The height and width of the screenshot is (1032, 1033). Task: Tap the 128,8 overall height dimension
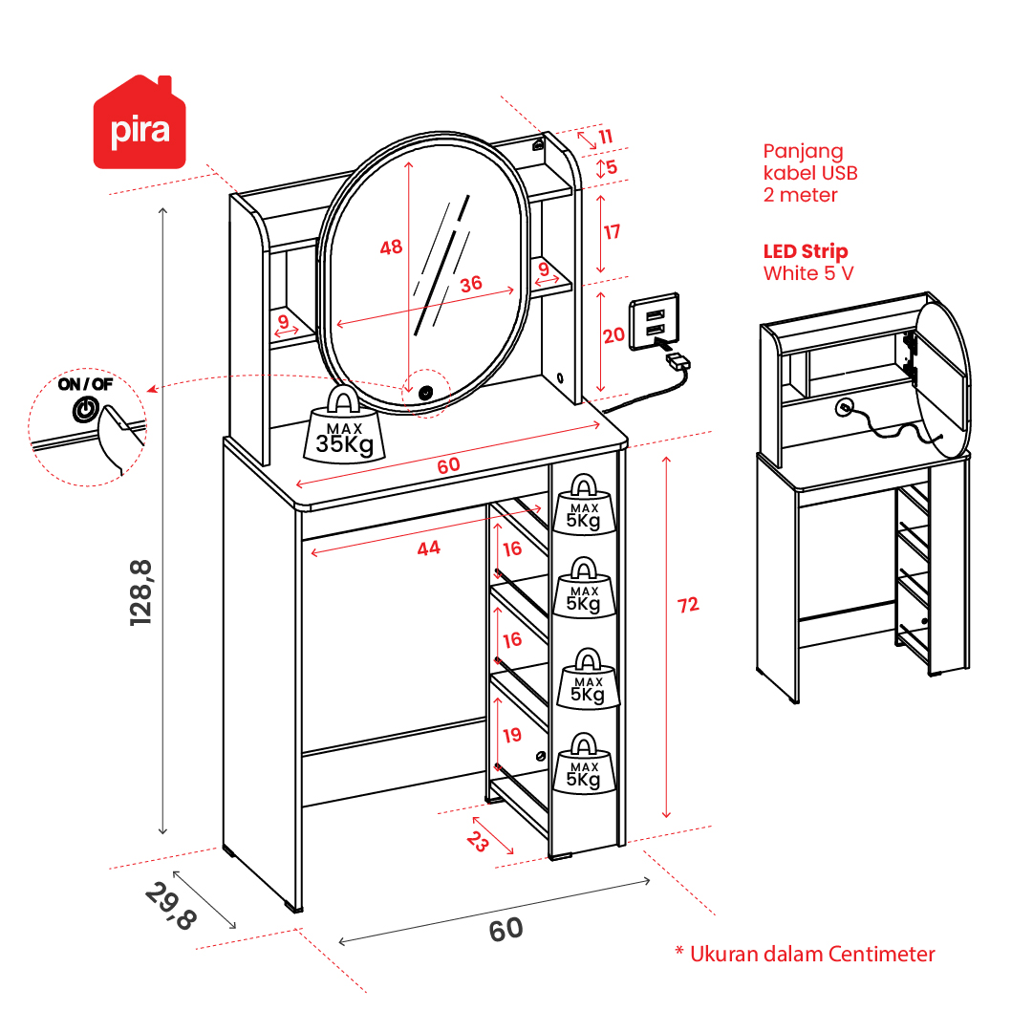pos(141,592)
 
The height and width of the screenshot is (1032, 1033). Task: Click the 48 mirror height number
pos(391,247)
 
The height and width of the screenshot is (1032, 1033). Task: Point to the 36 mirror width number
pos(471,284)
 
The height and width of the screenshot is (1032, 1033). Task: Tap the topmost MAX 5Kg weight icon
pos(584,505)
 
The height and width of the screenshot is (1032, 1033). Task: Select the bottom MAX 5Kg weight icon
pos(584,763)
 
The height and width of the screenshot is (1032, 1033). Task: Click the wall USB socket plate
pos(654,321)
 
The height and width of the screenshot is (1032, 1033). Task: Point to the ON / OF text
pos(85,384)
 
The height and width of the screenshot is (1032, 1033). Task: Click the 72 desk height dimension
pos(688,605)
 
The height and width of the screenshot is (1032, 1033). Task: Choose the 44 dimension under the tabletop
pos(428,548)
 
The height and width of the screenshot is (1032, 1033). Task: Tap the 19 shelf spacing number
pos(512,735)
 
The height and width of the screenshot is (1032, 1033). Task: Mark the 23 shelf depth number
pos(478,841)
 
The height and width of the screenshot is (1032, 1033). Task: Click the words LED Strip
pos(805,251)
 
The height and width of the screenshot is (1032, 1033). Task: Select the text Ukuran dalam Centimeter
pos(812,954)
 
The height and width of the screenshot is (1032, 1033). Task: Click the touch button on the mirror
pos(425,393)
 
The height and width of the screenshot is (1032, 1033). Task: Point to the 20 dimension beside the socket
pos(613,335)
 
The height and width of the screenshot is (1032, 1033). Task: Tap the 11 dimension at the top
pos(606,137)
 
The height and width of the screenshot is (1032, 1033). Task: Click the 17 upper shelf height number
pos(612,232)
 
